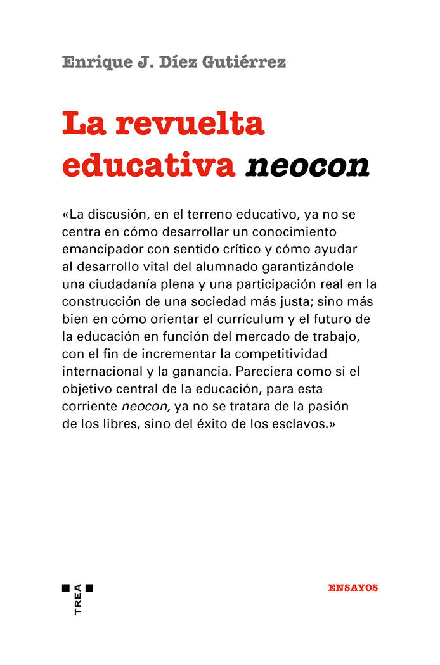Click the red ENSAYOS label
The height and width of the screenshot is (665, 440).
[353, 588]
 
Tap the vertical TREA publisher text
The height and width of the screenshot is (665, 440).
[78, 600]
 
